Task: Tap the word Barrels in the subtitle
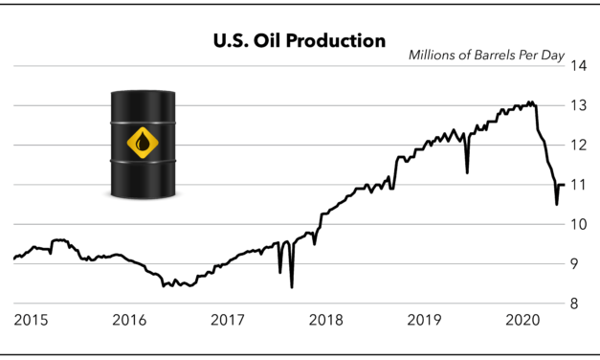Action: (x=505, y=54)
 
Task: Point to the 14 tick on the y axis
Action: (x=578, y=66)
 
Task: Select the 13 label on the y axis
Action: (x=578, y=105)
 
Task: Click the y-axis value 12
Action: (x=578, y=146)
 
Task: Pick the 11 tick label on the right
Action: (x=578, y=185)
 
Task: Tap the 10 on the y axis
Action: (x=578, y=224)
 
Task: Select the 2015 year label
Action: (x=32, y=319)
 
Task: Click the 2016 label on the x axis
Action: (x=130, y=319)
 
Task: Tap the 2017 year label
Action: (x=229, y=319)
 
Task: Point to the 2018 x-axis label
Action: (x=326, y=319)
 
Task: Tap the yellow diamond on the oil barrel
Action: (x=144, y=144)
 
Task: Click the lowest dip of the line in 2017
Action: (x=291, y=286)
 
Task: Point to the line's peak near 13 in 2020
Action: (x=530, y=101)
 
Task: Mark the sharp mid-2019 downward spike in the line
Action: (x=467, y=172)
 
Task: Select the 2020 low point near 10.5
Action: (x=557, y=204)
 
